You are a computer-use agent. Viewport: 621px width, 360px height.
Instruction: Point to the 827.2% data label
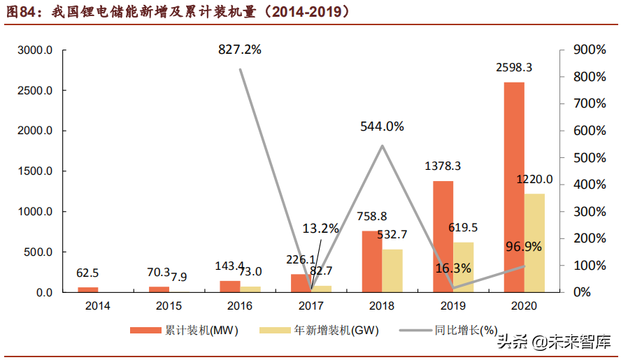click(239, 50)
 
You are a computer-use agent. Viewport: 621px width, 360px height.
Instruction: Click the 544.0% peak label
click(382, 127)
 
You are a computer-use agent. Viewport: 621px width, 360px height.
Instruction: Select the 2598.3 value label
click(514, 68)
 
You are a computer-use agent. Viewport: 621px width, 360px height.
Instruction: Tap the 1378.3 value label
click(443, 166)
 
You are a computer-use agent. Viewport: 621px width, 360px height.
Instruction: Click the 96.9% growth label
click(524, 246)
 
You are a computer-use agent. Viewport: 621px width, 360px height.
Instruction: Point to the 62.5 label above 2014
click(87, 273)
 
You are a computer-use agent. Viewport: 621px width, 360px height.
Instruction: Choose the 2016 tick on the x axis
click(240, 305)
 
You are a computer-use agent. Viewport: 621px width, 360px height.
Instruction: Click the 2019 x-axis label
click(452, 305)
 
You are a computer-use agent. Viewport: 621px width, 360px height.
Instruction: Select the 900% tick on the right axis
click(588, 50)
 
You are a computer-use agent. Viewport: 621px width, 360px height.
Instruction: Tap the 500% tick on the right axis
click(588, 158)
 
